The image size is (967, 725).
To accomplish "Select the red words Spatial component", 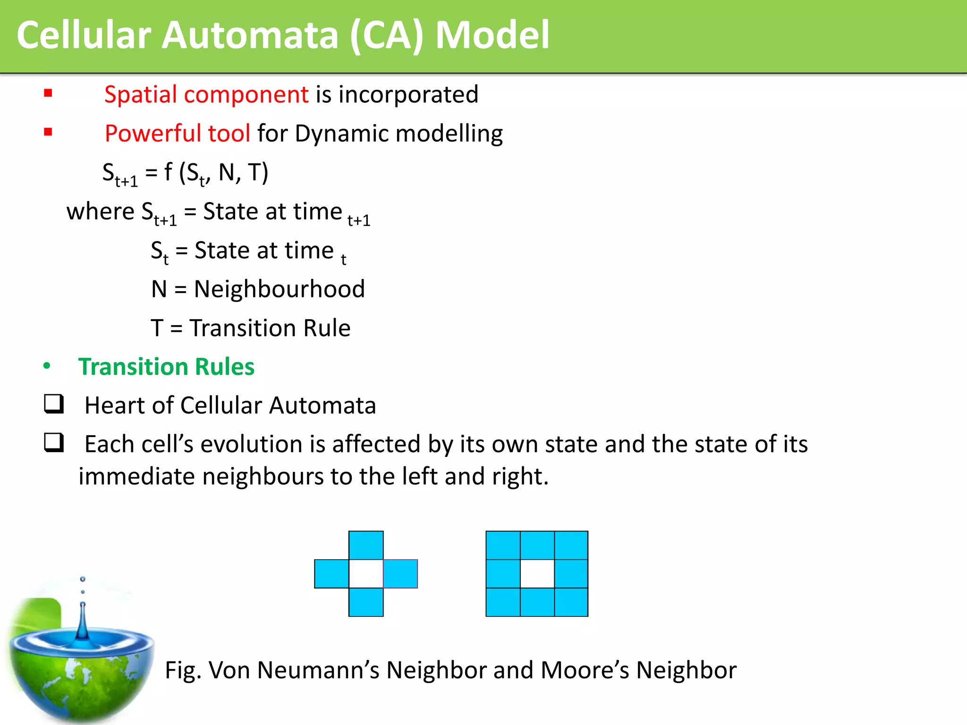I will pyautogui.click(x=206, y=94).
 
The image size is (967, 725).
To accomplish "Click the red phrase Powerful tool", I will pyautogui.click(x=177, y=133).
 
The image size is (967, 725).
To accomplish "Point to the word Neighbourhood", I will pyautogui.click(x=279, y=289).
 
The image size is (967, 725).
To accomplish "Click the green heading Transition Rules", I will pyautogui.click(x=166, y=367).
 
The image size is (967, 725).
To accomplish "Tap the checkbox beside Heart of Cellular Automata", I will pyautogui.click(x=54, y=404).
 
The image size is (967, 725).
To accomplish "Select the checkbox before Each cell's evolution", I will pyautogui.click(x=54, y=443).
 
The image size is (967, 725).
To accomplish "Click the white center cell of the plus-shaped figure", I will pyautogui.click(x=366, y=573).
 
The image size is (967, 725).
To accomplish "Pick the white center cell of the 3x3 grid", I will pyautogui.click(x=537, y=573).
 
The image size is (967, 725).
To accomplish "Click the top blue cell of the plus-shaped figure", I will pyautogui.click(x=366, y=545).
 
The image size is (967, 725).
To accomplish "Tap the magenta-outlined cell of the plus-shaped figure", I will pyautogui.click(x=400, y=573).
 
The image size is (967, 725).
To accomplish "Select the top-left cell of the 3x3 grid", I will pyautogui.click(x=503, y=545).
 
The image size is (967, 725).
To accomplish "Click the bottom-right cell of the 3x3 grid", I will pyautogui.click(x=571, y=602).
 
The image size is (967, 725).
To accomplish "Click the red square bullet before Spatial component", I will pyautogui.click(x=48, y=93).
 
